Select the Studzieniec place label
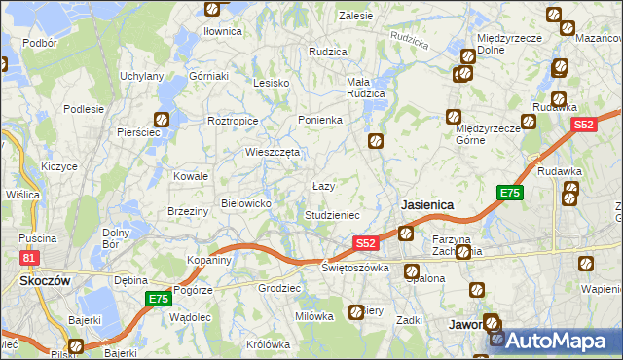click(x=333, y=214)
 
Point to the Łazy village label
click(x=323, y=185)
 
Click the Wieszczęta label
click(x=273, y=152)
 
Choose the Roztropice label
click(x=233, y=121)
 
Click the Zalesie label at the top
click(x=355, y=16)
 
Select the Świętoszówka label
click(x=355, y=268)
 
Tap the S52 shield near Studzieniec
click(x=365, y=242)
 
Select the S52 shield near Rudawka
click(x=583, y=125)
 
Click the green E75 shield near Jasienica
click(x=510, y=194)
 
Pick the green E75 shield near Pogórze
click(x=157, y=299)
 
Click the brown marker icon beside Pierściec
click(x=162, y=121)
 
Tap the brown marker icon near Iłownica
click(x=213, y=10)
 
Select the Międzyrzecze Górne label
click(x=484, y=134)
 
